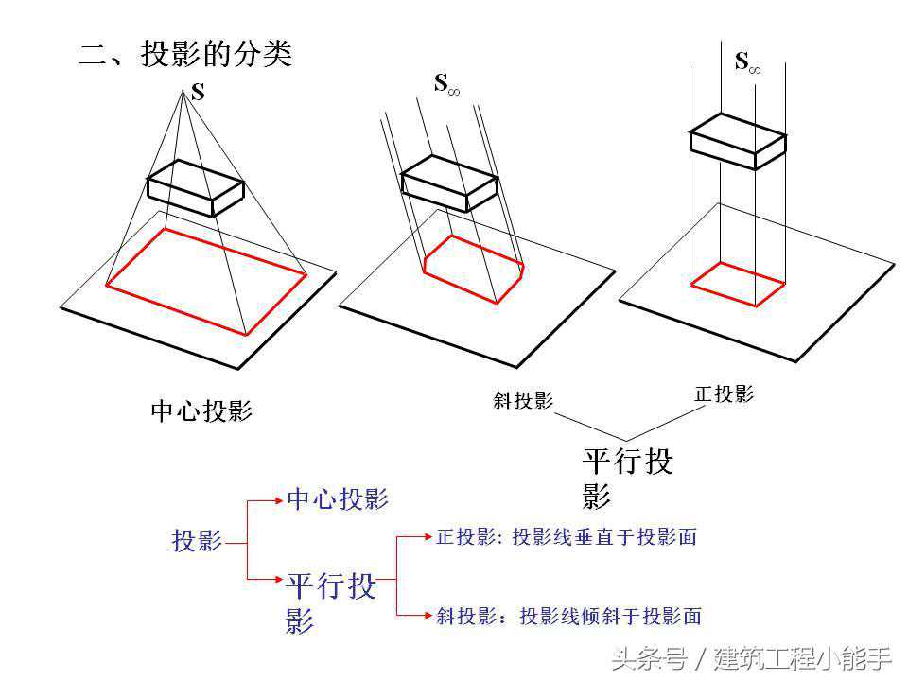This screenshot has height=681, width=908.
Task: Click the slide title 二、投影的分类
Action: point(185,54)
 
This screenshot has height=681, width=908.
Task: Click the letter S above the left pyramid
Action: point(198,94)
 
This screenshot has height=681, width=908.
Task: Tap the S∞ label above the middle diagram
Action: point(446,84)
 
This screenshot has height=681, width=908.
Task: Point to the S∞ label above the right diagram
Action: point(747,62)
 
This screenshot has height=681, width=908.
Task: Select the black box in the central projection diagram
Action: point(195,186)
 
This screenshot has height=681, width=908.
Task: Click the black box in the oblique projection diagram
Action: point(449,183)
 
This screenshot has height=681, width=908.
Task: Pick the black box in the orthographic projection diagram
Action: point(737,142)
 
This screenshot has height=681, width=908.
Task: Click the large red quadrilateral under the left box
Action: point(205,280)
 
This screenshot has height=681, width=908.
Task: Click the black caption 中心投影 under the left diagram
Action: point(201,411)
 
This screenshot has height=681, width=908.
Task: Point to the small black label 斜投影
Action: point(523,400)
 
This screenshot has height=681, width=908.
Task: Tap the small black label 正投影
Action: point(724,394)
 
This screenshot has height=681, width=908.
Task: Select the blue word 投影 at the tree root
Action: point(197,540)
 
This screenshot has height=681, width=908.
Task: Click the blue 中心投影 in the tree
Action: point(338,498)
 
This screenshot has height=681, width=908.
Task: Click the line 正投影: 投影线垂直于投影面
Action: point(566,537)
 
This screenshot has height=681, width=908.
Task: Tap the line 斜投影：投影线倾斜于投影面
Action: point(568,617)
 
